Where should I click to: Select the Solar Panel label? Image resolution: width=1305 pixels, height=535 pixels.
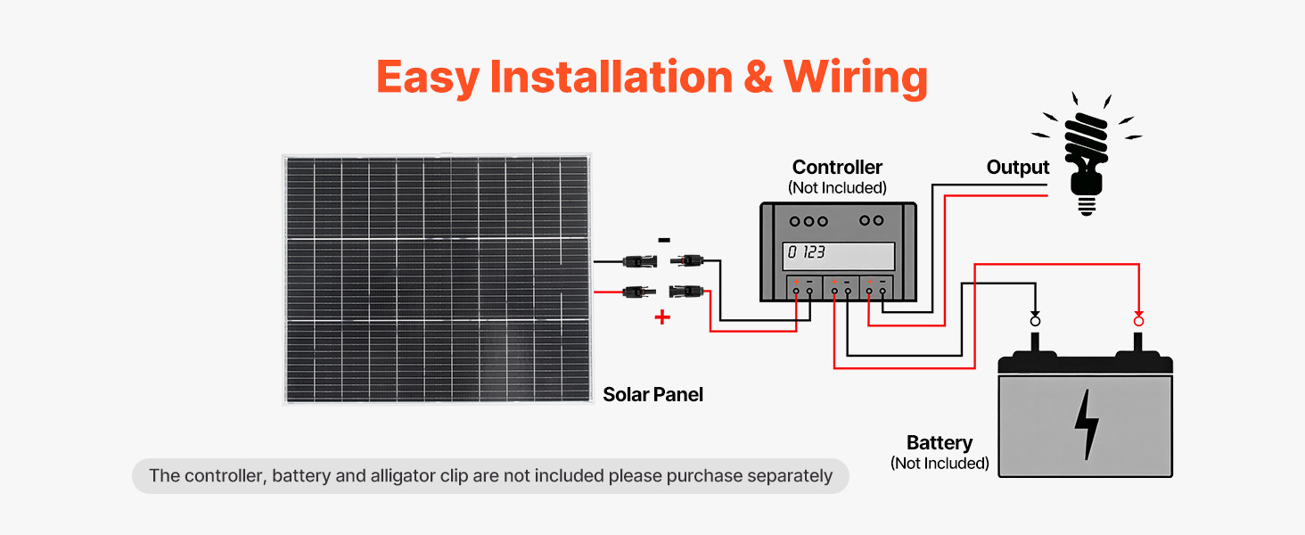pyautogui.click(x=652, y=394)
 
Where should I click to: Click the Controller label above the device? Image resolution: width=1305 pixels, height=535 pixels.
pyautogui.click(x=837, y=167)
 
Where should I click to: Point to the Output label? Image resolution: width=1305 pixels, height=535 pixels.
pyautogui.click(x=1018, y=168)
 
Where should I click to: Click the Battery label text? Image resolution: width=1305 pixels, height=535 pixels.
pyautogui.click(x=940, y=443)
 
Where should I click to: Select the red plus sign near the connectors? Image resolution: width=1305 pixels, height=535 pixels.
pyautogui.click(x=662, y=317)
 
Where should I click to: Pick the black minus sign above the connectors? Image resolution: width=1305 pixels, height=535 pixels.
pyautogui.click(x=664, y=240)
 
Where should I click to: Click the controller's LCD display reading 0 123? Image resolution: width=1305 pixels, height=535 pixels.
pyautogui.click(x=838, y=255)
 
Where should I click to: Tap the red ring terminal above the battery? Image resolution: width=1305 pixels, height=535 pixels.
pyautogui.click(x=1138, y=320)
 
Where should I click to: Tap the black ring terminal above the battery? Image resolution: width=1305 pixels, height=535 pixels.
pyautogui.click(x=1035, y=320)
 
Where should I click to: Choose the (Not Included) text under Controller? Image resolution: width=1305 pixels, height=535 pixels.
pyautogui.click(x=837, y=188)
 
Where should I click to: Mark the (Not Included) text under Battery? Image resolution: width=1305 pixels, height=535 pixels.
pyautogui.click(x=940, y=464)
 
